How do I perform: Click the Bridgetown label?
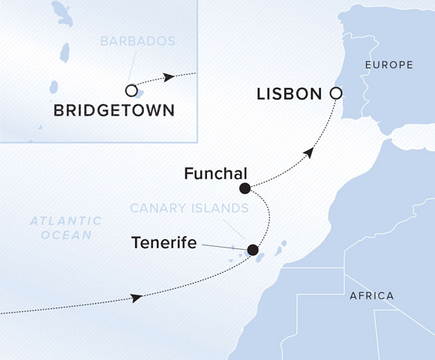[x=114, y=111]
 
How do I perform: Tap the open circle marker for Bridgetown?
[x=132, y=91]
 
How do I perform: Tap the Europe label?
[x=388, y=65]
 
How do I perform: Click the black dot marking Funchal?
[x=244, y=188]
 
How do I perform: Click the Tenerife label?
[x=165, y=242]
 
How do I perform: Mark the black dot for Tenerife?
[x=253, y=250]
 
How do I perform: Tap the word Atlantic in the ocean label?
[x=65, y=220]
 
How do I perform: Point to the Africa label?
[x=371, y=295]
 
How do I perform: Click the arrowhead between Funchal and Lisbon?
[x=307, y=154]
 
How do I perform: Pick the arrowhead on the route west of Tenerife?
[x=136, y=298]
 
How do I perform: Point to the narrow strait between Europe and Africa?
[x=388, y=138]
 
